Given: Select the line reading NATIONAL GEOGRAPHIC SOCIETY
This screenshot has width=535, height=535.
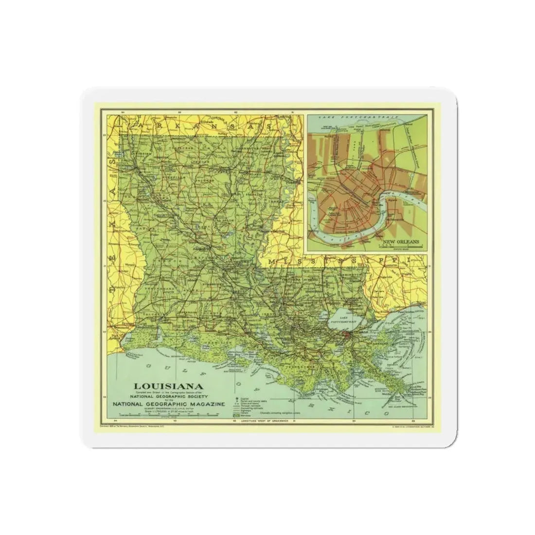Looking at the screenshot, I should coord(162,396).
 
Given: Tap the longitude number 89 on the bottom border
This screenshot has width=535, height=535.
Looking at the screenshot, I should coord(414,420).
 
